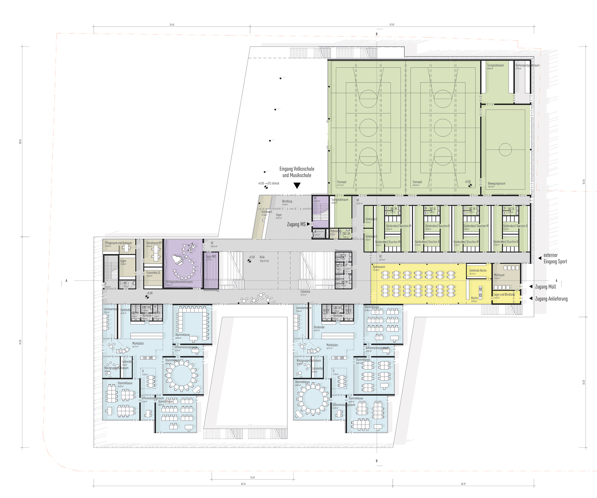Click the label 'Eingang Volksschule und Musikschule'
(x=297, y=172)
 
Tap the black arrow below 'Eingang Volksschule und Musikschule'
(x=297, y=186)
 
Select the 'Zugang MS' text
(x=296, y=224)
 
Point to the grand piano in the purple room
(x=178, y=259)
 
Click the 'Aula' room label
(x=262, y=257)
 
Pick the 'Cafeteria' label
(x=305, y=291)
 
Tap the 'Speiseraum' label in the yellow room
(x=379, y=267)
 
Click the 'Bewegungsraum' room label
(x=496, y=184)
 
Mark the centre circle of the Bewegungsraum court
(x=505, y=149)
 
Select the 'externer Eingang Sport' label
(x=555, y=258)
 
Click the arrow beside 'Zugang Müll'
(x=531, y=286)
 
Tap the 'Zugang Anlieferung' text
(x=551, y=299)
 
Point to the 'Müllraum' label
(x=499, y=275)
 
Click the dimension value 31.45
(x=172, y=25)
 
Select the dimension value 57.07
(x=392, y=25)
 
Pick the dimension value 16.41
(x=252, y=477)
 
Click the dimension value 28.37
(x=463, y=484)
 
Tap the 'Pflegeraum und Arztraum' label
(x=118, y=243)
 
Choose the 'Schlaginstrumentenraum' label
(x=179, y=282)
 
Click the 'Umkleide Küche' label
(x=478, y=270)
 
